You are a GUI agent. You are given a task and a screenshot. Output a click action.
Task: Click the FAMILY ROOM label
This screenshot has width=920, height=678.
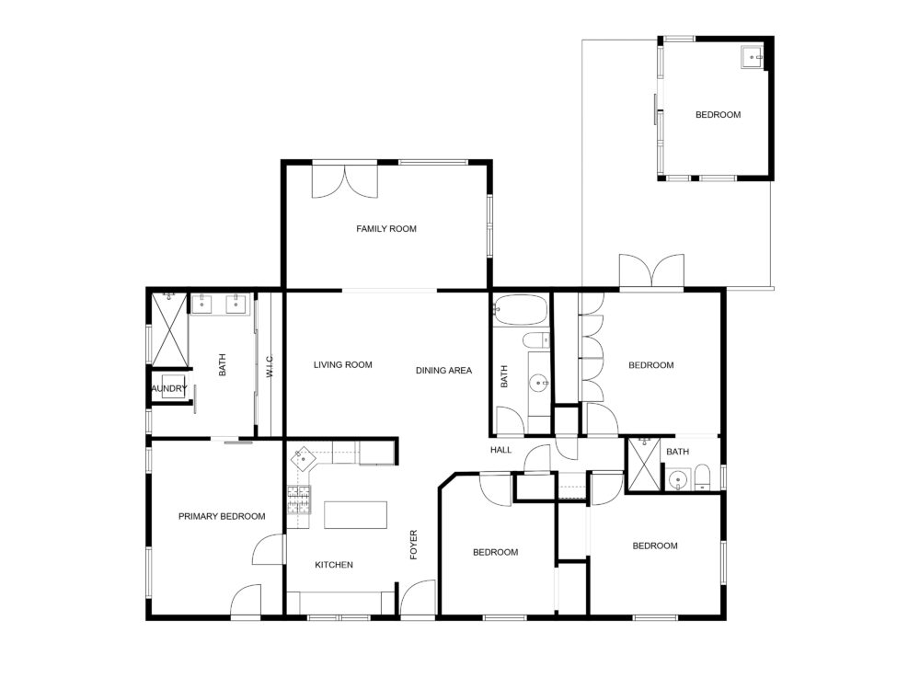(386, 229)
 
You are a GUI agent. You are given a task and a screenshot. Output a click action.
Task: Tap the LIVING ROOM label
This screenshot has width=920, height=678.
(342, 365)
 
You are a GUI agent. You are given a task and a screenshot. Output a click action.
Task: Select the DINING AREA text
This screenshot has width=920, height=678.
(443, 371)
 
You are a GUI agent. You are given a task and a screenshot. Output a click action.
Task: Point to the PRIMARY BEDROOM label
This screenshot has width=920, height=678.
(222, 517)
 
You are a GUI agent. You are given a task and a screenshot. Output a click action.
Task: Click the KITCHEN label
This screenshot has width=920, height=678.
(334, 565)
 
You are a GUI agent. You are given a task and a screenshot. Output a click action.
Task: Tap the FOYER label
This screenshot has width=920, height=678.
(414, 545)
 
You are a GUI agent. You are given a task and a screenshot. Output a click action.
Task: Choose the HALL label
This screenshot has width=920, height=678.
(501, 450)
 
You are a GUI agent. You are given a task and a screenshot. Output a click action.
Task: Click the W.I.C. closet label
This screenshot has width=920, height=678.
(270, 366)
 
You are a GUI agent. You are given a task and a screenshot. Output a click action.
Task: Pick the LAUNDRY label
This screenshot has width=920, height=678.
(169, 388)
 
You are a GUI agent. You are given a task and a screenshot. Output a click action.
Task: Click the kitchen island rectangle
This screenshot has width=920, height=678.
(355, 515)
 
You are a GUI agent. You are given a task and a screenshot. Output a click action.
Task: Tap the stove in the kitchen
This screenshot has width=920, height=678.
(299, 500)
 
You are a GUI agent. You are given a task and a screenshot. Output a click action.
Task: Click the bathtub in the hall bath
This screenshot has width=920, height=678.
(521, 310)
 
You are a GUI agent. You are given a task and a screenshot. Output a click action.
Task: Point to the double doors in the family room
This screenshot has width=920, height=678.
(345, 182)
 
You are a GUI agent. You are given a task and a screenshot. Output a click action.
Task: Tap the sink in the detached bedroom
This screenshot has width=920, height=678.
(752, 57)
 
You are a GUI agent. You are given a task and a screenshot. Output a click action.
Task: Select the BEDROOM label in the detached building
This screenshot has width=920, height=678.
(719, 115)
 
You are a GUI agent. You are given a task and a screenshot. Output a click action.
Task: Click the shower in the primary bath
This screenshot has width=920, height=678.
(169, 328)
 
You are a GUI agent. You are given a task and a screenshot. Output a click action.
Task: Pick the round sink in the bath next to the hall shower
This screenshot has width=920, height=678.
(678, 480)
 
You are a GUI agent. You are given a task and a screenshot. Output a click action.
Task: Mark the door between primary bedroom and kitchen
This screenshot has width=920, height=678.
(268, 549)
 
